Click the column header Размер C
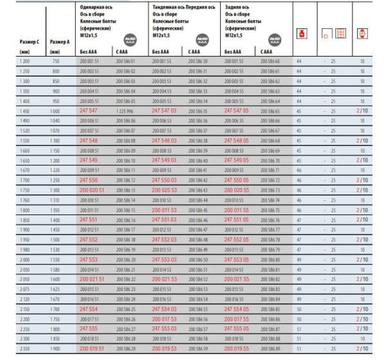click(x=30, y=42)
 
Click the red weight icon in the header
click(x=299, y=33)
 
